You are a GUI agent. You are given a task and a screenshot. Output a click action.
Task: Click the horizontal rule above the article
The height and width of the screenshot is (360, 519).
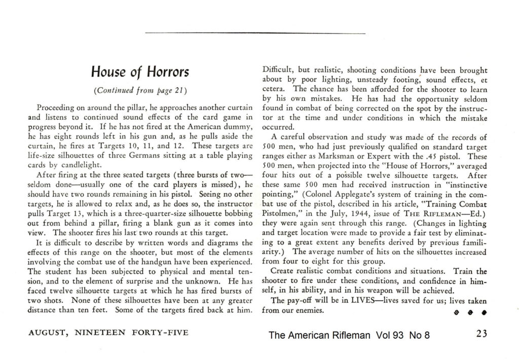coord(254,33)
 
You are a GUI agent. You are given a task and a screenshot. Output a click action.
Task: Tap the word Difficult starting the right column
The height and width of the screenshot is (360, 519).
coord(277,71)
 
